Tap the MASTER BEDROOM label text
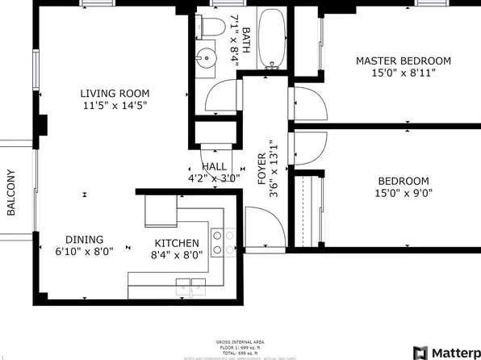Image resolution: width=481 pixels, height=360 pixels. pyautogui.click(x=404, y=61)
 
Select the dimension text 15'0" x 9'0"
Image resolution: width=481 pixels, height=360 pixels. pyautogui.click(x=404, y=194)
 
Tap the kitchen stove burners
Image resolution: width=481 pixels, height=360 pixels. pyautogui.click(x=223, y=242)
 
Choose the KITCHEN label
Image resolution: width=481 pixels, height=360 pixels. pyautogui.click(x=177, y=243)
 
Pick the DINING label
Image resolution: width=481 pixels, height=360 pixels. pyautogui.click(x=85, y=240)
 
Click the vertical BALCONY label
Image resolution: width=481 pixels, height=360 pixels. pyautogui.click(x=11, y=192)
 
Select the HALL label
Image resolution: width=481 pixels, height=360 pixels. pyautogui.click(x=214, y=166)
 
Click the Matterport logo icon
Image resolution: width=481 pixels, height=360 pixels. pyautogui.click(x=420, y=352)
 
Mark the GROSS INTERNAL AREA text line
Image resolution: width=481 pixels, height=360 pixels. pyautogui.click(x=240, y=340)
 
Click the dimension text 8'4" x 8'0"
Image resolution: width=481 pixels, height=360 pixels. pyautogui.click(x=177, y=255)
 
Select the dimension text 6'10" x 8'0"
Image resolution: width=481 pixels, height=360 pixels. pyautogui.click(x=85, y=251)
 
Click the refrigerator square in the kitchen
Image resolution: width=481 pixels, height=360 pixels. pyautogui.click(x=158, y=211)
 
